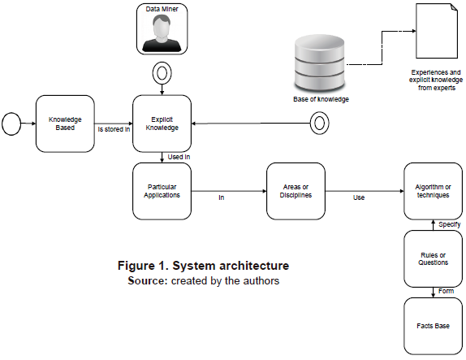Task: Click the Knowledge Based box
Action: [x=65, y=123]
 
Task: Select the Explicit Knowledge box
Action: [x=162, y=123]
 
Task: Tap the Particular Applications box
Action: [x=162, y=191]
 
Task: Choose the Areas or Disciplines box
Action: [x=296, y=191]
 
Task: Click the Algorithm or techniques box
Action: [x=432, y=191]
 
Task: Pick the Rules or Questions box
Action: [x=432, y=258]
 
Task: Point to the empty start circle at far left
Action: [x=11, y=124]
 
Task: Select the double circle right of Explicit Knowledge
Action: [x=319, y=124]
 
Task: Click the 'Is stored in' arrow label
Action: [x=114, y=128]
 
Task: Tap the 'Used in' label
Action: [x=179, y=156]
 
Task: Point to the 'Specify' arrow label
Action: [x=449, y=223]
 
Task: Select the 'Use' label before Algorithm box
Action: [x=358, y=197]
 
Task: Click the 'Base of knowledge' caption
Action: [x=320, y=99]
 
